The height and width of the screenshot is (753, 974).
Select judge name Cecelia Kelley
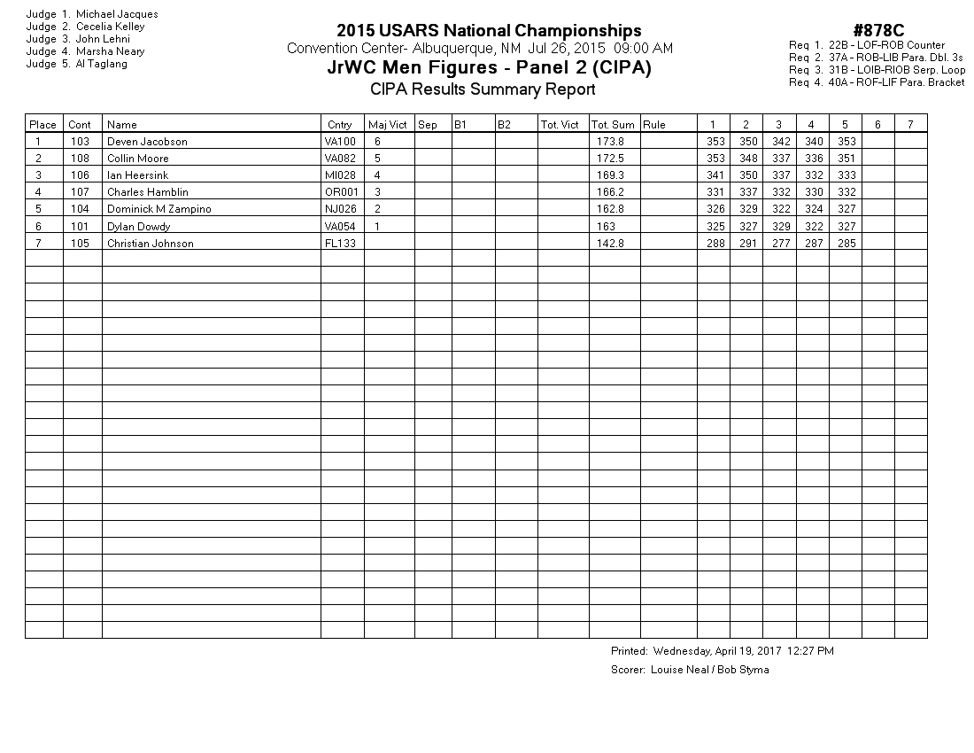click(x=111, y=27)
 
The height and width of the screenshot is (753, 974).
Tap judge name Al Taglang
click(x=102, y=64)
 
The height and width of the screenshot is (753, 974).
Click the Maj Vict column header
click(x=388, y=125)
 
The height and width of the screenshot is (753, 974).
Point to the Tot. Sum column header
click(x=613, y=125)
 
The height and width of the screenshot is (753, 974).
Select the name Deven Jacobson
click(x=147, y=142)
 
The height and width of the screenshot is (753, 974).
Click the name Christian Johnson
click(x=150, y=244)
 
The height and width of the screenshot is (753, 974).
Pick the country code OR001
click(x=341, y=192)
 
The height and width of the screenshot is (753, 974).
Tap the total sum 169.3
click(x=610, y=175)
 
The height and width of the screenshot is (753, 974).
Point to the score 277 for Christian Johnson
click(x=778, y=244)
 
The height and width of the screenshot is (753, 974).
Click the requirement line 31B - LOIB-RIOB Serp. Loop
click(x=877, y=70)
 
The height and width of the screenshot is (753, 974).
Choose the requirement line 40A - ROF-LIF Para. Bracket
click(x=877, y=82)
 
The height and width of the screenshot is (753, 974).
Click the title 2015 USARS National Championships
click(x=489, y=32)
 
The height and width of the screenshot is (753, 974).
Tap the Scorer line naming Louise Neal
click(x=690, y=670)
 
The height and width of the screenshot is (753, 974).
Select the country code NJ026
click(x=340, y=209)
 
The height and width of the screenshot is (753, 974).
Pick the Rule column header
click(x=654, y=125)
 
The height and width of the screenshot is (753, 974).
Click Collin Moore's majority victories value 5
click(x=378, y=159)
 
